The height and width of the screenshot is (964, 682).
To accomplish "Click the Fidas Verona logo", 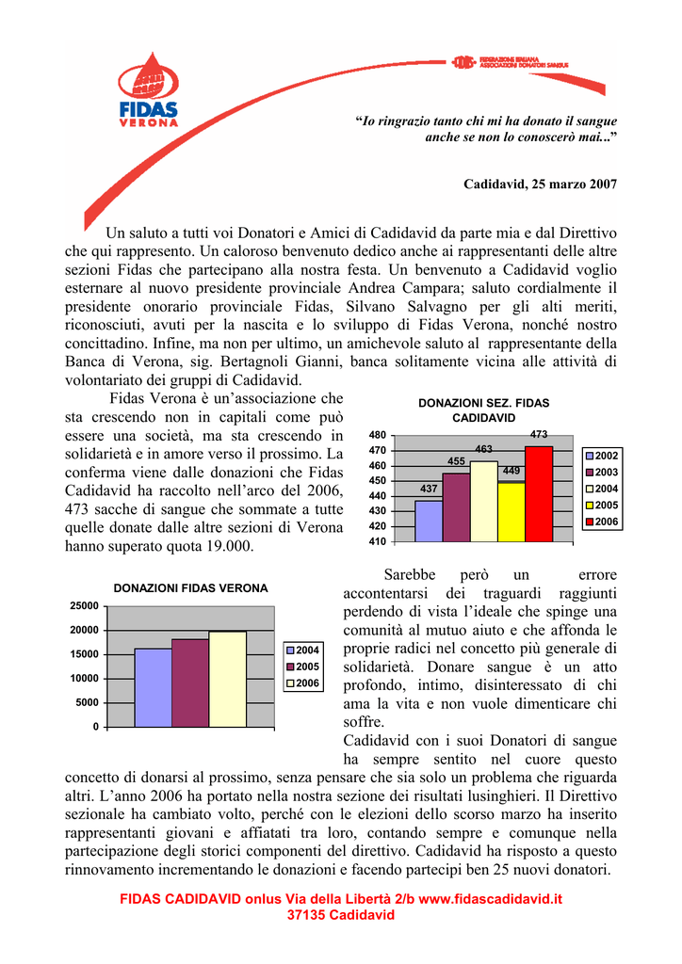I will pyautogui.click(x=149, y=91).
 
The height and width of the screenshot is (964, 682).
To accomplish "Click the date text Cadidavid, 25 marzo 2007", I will pyautogui.click(x=540, y=184).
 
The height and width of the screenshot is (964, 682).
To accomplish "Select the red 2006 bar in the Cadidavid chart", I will pyautogui.click(x=539, y=494).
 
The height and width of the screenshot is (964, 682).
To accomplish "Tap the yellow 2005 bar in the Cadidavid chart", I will pyautogui.click(x=511, y=512).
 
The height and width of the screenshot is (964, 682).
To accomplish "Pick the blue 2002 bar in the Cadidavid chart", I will pyautogui.click(x=429, y=521).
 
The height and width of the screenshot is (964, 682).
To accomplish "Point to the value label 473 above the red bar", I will pyautogui.click(x=539, y=434).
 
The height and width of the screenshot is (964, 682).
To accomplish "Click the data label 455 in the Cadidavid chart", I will pyautogui.click(x=456, y=461).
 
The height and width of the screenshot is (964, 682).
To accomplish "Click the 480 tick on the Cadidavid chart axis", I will pyautogui.click(x=377, y=436).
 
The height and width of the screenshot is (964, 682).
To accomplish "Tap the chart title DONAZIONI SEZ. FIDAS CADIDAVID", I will pyautogui.click(x=483, y=410).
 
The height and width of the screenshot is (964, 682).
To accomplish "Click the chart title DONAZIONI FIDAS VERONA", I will pyautogui.click(x=190, y=587).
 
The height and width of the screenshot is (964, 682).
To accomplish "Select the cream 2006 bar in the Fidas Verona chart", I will pyautogui.click(x=227, y=679).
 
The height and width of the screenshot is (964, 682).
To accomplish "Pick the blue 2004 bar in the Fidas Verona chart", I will pyautogui.click(x=153, y=687).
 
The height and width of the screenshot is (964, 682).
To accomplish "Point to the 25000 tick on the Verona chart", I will pyautogui.click(x=84, y=605).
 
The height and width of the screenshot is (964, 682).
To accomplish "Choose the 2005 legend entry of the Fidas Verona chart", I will pyautogui.click(x=303, y=667).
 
